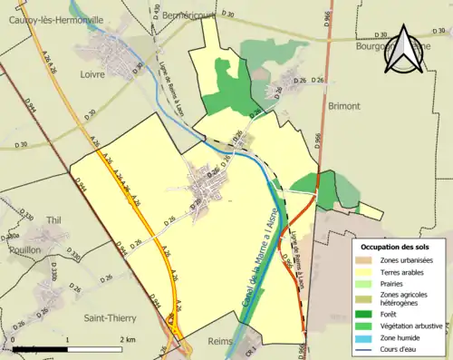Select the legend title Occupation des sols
click(x=400, y=247)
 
